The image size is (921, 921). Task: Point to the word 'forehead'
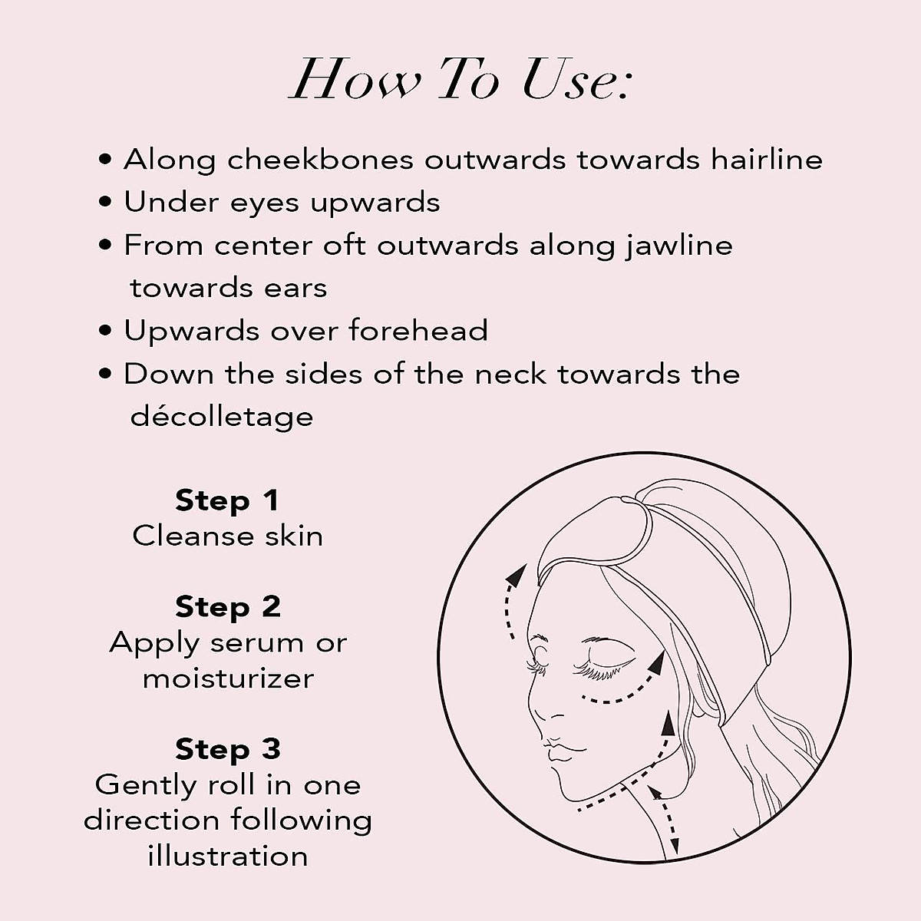coord(418,331)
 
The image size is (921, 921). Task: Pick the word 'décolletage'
coord(222,417)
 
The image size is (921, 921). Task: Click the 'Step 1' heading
coord(227,500)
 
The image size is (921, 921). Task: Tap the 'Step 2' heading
coord(228,606)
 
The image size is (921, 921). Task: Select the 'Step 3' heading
coord(228,748)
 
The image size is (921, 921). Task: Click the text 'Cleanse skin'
coord(228,536)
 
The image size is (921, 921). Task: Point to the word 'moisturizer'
coord(228,678)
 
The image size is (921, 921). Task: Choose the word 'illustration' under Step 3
coord(228,855)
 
